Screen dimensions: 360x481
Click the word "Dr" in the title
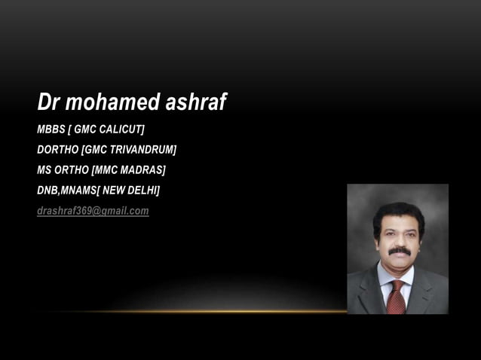click(x=48, y=102)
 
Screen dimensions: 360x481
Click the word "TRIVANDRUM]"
click(x=143, y=149)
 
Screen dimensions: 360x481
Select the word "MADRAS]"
click(x=144, y=169)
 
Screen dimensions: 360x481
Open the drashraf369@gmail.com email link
click(x=93, y=211)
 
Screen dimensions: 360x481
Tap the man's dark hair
click(x=398, y=212)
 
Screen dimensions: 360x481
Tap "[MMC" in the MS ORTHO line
click(x=106, y=169)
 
